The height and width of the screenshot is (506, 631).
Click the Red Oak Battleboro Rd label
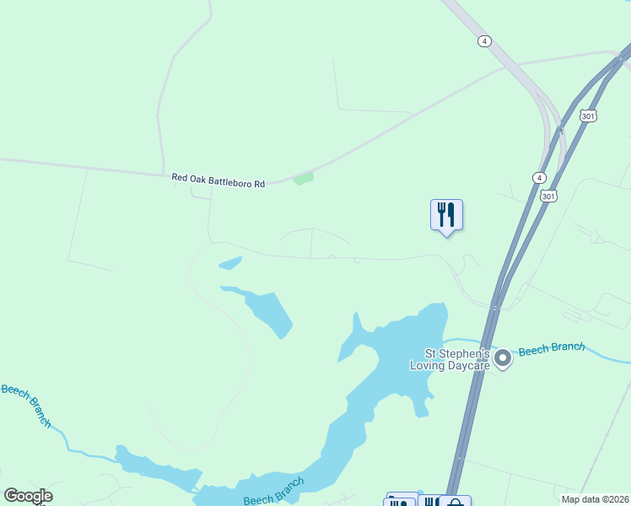[218, 180]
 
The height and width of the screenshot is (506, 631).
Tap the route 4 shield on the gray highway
[483, 40]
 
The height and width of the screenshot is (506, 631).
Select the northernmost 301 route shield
[588, 115]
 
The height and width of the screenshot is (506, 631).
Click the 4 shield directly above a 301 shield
[538, 177]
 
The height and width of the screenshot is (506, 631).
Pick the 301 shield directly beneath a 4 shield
[549, 196]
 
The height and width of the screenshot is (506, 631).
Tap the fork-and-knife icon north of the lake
[446, 215]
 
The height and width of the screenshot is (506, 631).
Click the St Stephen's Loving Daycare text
[456, 359]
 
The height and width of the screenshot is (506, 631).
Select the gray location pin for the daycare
[503, 358]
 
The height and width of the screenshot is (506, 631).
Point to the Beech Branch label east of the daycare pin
[551, 349]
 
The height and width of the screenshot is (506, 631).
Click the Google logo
[28, 496]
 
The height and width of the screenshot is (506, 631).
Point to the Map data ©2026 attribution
[595, 499]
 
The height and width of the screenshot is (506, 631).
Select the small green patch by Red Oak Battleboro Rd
[304, 178]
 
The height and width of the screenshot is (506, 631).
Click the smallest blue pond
[230, 263]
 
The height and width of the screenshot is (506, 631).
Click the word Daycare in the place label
[467, 365]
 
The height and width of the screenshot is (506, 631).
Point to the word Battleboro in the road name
[230, 180]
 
